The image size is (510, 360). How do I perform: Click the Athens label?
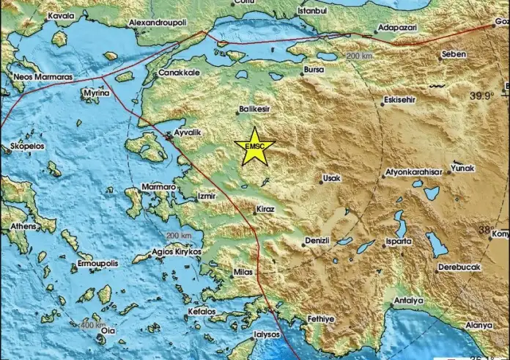coord(23,227)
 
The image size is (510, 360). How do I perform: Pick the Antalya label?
coord(409,301)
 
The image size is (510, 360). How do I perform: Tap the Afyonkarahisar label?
coord(413,173)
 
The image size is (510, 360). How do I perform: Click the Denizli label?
coord(319,241)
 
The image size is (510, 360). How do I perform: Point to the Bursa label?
coord(313,71)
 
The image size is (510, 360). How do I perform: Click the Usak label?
coord(331,178)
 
